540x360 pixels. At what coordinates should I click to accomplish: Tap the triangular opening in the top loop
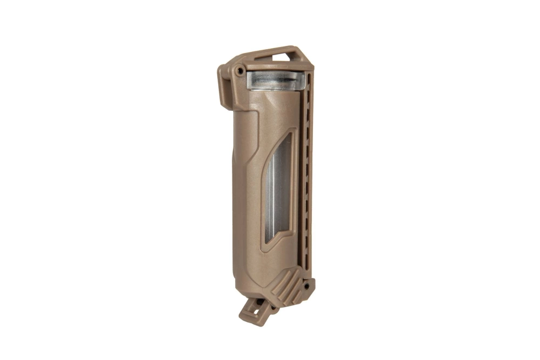coord(283,56)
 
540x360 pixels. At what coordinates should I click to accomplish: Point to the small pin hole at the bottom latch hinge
coord(264,302)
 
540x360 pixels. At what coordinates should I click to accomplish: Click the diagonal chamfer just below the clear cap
coord(270,101)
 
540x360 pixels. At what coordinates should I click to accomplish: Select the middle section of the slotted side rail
coord(306,173)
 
